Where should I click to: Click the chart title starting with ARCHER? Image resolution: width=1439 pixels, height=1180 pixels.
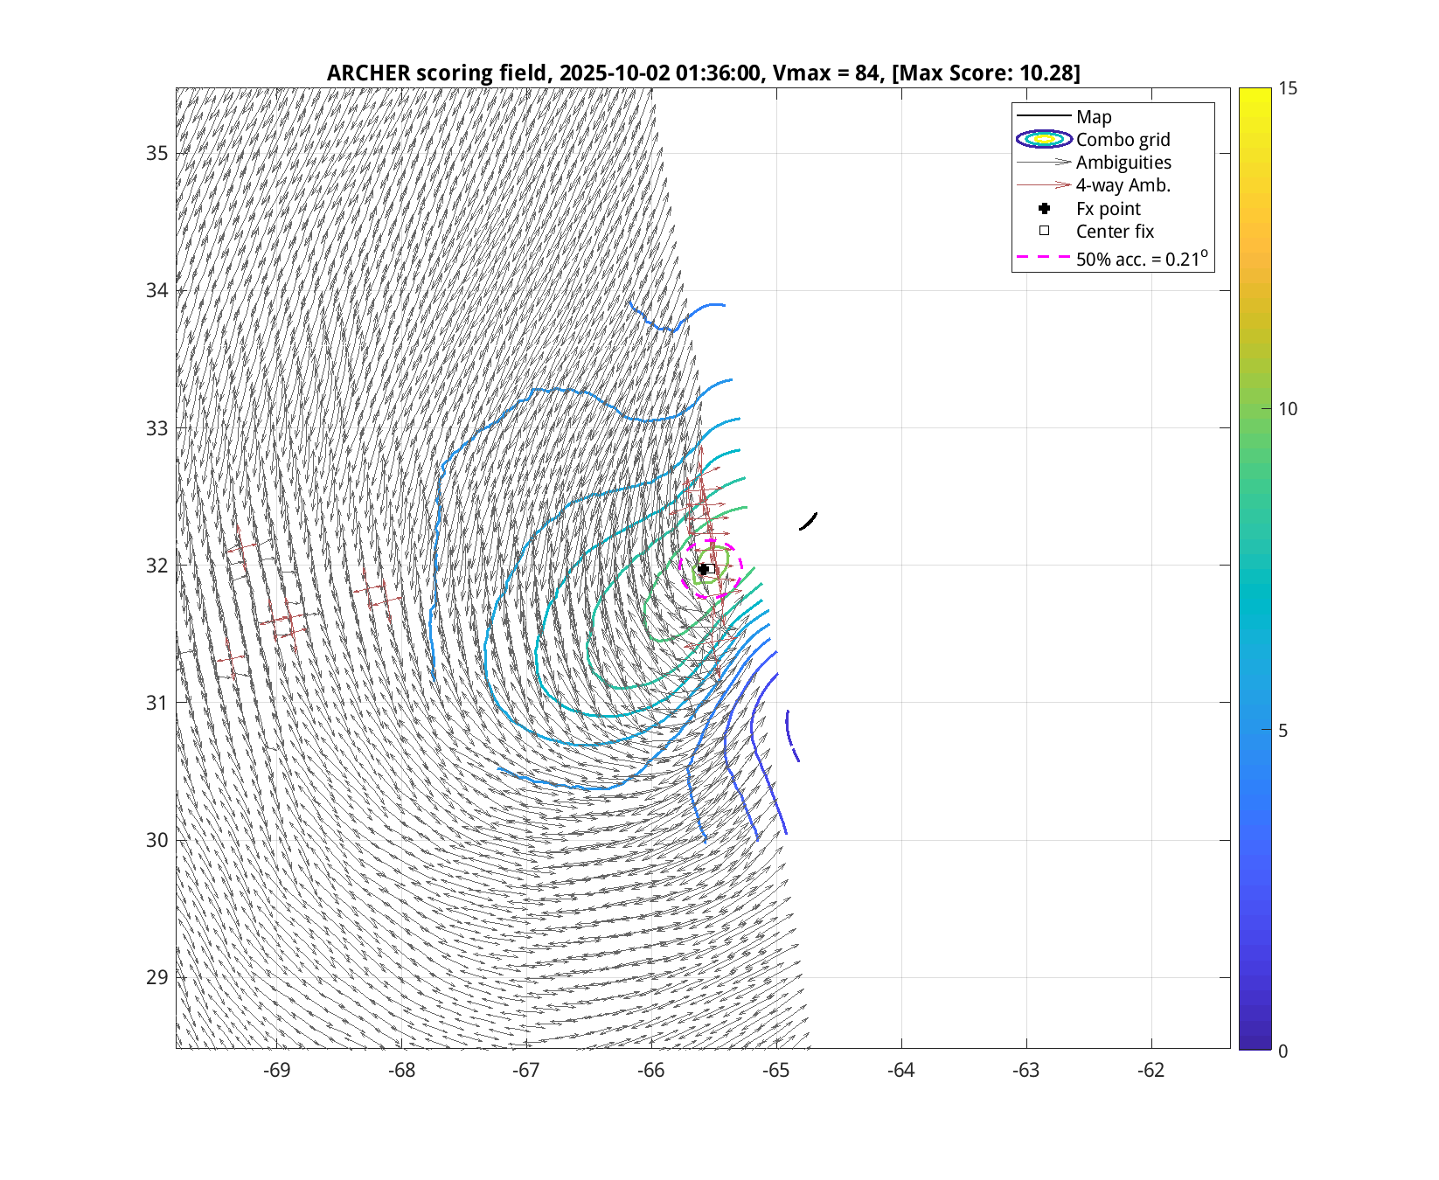(703, 73)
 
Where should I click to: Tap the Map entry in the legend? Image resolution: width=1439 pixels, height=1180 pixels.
(1093, 117)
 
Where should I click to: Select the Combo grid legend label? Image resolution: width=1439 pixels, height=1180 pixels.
(1123, 140)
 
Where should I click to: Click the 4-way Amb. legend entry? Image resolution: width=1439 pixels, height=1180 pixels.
(1123, 185)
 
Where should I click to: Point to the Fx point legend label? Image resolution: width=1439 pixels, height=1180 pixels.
(1108, 209)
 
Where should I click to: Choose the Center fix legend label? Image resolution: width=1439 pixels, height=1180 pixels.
(1115, 232)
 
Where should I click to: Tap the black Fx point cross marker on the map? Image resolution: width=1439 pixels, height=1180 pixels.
(703, 569)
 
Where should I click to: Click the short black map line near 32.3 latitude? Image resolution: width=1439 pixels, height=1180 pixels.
(809, 522)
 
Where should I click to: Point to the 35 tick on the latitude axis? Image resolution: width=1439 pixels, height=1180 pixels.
(157, 154)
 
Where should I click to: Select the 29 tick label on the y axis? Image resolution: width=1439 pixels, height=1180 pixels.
(157, 977)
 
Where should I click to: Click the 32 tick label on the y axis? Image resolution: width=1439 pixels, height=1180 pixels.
(157, 566)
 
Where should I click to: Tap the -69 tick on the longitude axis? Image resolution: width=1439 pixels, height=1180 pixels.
(277, 1071)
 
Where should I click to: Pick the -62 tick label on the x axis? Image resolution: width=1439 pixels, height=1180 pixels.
(1151, 1071)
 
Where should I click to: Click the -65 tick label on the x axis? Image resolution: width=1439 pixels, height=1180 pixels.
(776, 1071)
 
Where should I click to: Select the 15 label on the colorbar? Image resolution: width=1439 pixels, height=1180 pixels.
(1288, 89)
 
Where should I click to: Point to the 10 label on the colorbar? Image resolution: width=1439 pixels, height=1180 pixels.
(1288, 409)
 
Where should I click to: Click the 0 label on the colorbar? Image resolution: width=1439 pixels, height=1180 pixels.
(1283, 1051)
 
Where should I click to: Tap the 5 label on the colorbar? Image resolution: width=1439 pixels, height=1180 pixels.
(1283, 731)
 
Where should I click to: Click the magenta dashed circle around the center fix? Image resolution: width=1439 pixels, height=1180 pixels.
(741, 569)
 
